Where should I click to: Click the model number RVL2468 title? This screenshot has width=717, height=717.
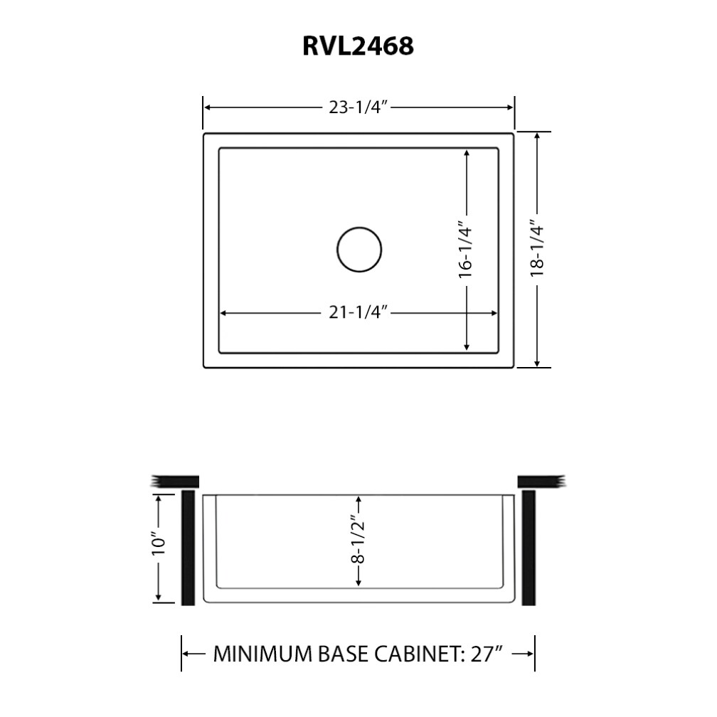358,46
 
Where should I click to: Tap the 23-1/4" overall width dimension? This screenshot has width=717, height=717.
358,107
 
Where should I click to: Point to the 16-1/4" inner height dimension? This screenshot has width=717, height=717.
465,250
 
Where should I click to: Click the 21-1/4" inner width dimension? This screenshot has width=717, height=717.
358,313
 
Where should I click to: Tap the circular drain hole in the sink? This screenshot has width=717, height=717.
358,249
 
